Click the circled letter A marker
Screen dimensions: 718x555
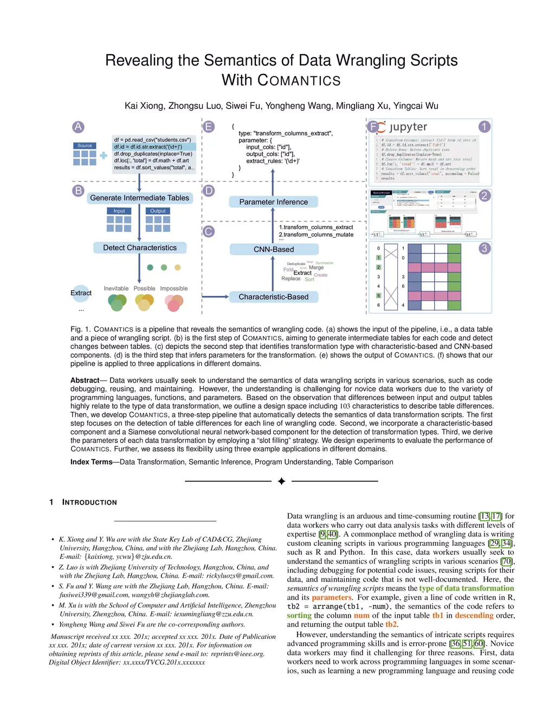point(78,127)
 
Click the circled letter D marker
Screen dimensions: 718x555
point(209,191)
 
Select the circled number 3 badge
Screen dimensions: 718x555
point(484,248)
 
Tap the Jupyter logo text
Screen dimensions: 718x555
point(408,127)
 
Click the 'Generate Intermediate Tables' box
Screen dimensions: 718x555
point(139,198)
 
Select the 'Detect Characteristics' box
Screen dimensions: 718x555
point(140,248)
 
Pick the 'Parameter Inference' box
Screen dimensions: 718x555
point(273,202)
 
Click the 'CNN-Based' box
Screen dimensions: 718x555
point(273,249)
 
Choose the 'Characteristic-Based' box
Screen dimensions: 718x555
point(273,297)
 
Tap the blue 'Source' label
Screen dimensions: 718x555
point(85,146)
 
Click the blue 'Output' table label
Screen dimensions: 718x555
point(158,211)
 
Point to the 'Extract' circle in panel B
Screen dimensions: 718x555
point(81,293)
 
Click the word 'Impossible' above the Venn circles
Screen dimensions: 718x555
point(173,289)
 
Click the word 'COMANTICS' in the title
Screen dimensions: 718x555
point(299,81)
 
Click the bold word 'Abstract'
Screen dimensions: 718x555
point(85,380)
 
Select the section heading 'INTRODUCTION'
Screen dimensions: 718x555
point(89,502)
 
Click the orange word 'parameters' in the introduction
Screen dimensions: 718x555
point(331,597)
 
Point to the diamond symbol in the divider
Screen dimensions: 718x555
point(281,481)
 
